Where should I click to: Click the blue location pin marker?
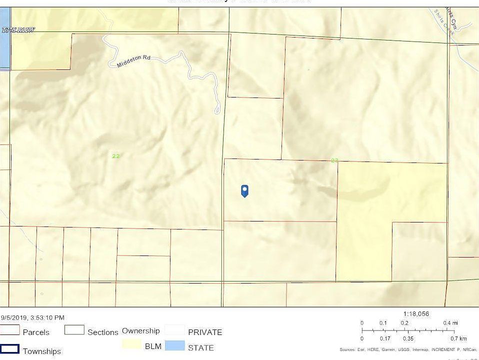coord(244,190)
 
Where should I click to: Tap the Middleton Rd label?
coord(133,61)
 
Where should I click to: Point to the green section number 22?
coord(116,156)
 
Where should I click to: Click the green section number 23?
coord(334,160)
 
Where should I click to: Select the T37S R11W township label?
coord(18,30)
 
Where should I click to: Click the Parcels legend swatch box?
coord(10,330)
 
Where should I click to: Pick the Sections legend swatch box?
coord(74,330)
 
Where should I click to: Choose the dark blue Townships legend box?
coord(10,349)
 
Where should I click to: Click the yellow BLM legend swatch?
coord(131,344)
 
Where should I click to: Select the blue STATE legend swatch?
coord(174,345)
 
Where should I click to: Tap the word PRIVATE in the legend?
coord(205,332)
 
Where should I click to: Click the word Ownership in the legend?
coord(140,330)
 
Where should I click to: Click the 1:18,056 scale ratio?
coord(416,314)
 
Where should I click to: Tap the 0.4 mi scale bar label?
coord(450,323)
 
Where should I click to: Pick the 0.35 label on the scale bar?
coord(408,338)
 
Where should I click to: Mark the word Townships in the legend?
coord(42,351)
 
